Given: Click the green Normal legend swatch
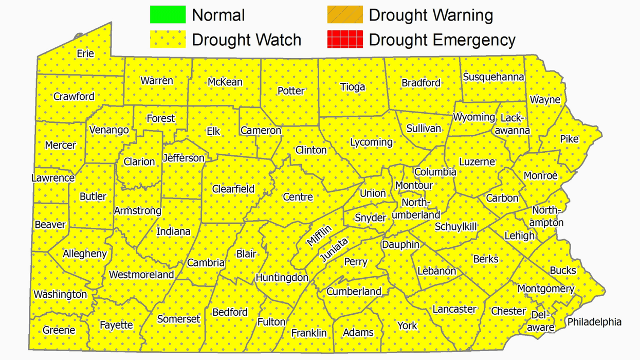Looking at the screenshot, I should click(168, 15).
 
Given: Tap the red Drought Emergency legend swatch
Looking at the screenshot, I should click(345, 40).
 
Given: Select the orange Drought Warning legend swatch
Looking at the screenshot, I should click(345, 15).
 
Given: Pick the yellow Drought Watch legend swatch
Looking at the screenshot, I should click(168, 40).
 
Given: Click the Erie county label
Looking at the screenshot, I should click(85, 53).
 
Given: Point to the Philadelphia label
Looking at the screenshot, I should click(594, 322).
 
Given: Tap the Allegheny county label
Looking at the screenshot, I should click(85, 254).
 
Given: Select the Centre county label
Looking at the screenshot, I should click(298, 197).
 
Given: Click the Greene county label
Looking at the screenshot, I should click(59, 330).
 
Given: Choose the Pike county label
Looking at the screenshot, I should click(569, 139).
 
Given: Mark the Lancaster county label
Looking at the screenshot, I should click(454, 309).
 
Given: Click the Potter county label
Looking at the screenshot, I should click(291, 91).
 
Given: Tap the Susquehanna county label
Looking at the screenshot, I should click(493, 77).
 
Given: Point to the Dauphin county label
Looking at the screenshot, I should click(400, 245).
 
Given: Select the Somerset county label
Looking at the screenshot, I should click(178, 319).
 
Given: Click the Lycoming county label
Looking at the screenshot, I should click(371, 142).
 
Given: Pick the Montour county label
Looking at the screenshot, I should click(414, 185).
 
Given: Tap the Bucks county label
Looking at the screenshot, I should click(563, 271).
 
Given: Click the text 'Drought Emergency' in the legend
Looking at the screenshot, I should click(442, 40).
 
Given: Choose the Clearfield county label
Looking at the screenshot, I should click(233, 189).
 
